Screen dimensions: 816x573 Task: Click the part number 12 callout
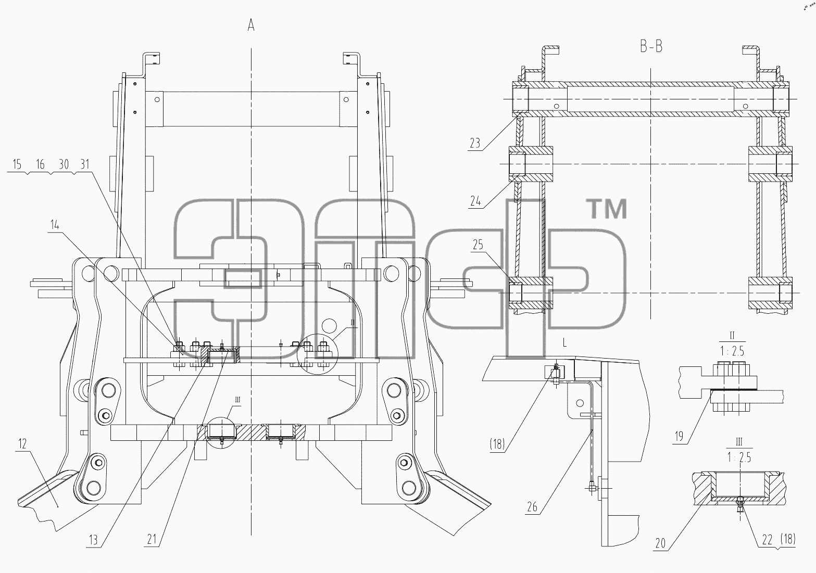click(22, 444)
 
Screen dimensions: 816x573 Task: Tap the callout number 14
click(55, 225)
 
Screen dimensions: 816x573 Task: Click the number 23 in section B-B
click(475, 143)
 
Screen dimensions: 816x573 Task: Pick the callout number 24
click(475, 201)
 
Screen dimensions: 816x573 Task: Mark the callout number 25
click(478, 245)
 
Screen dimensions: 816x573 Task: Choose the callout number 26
click(532, 507)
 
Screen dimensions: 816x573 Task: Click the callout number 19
click(679, 436)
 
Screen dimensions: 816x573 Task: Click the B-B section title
click(651, 47)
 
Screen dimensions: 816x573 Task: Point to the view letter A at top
click(251, 25)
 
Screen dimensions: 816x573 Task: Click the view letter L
click(564, 342)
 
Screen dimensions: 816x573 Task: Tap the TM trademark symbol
click(608, 209)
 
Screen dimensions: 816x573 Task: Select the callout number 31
click(84, 164)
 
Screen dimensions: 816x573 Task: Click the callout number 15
click(17, 164)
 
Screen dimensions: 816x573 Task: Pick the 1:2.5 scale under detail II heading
click(732, 351)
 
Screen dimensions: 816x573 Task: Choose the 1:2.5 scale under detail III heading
click(739, 457)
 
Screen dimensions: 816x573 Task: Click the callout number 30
click(64, 164)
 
